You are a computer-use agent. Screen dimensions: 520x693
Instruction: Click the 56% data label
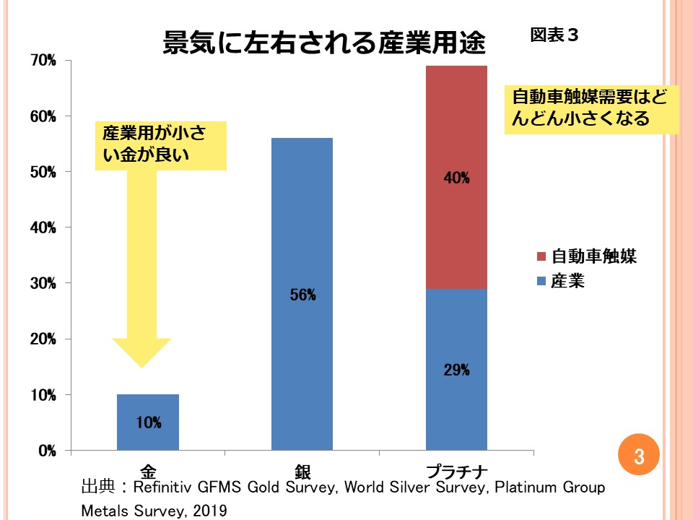(x=302, y=295)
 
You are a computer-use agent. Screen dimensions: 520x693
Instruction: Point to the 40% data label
(x=456, y=178)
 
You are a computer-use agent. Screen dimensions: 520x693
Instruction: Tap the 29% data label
(x=456, y=370)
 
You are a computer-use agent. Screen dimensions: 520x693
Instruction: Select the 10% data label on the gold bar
(x=148, y=423)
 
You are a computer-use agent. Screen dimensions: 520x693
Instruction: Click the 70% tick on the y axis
(x=43, y=61)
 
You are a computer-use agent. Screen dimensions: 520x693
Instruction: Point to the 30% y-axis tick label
(x=43, y=284)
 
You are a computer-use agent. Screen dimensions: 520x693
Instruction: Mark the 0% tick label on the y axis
(x=47, y=451)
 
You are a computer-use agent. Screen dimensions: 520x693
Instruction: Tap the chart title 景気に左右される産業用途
(x=324, y=44)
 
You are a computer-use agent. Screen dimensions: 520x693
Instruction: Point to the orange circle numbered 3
(x=639, y=456)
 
